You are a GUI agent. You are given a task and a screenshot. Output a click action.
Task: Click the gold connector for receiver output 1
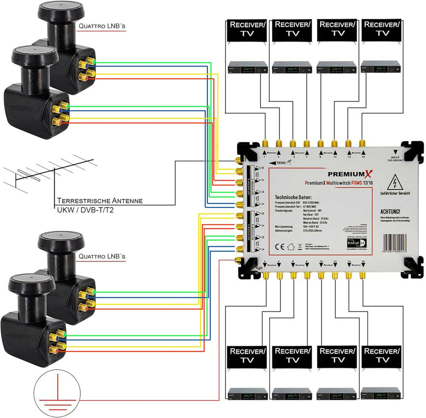(x=265, y=143)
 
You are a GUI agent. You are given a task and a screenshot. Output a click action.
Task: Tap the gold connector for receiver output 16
(x=362, y=275)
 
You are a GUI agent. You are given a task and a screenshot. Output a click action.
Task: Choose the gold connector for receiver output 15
(x=362, y=143)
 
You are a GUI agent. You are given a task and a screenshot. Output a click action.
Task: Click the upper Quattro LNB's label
(x=102, y=26)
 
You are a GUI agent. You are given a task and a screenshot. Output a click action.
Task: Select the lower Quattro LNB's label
(x=102, y=256)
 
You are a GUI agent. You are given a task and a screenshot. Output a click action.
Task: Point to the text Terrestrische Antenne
(x=100, y=201)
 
